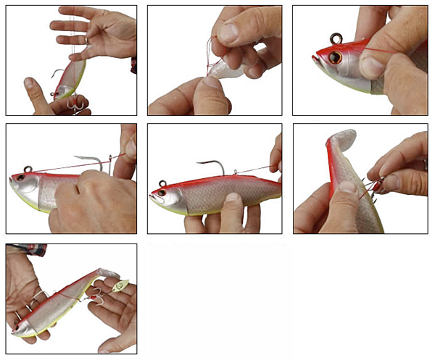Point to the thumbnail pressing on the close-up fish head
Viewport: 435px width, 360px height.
pos(370,67)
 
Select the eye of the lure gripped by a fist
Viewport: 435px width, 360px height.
pos(20,177)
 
